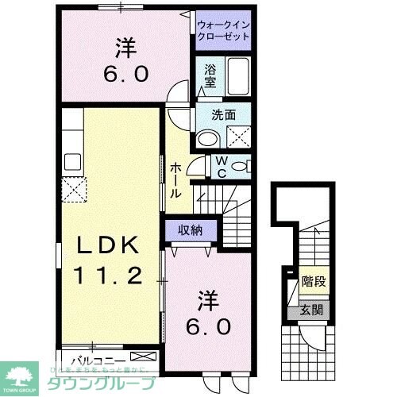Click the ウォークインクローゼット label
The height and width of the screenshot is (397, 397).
tap(225, 30)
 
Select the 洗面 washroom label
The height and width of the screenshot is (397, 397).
tap(223, 114)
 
